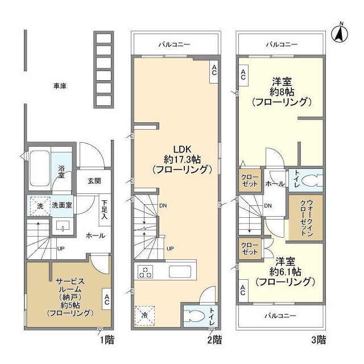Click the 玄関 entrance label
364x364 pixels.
point(94,181)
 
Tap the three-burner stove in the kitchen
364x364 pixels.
point(145,272)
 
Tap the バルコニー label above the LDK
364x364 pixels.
point(174,44)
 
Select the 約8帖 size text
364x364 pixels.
point(282,92)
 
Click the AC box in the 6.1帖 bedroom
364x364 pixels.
point(243,291)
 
